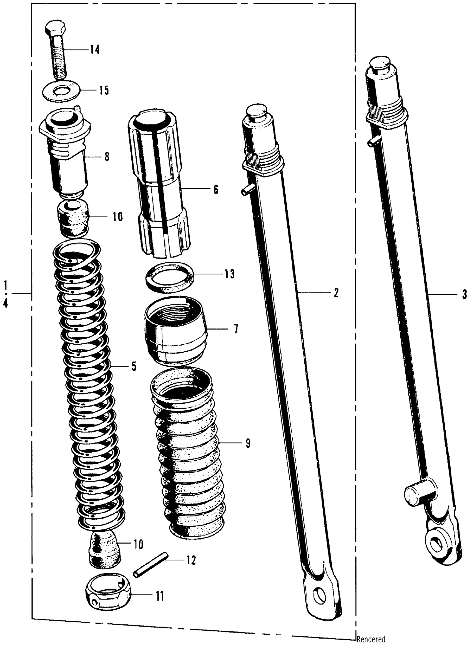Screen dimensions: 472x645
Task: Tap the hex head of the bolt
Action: [56, 29]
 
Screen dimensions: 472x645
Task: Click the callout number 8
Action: [107, 157]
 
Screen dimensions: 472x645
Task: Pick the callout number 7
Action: [236, 329]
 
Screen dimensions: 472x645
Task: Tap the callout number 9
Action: [248, 443]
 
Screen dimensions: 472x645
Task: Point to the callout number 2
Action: [336, 293]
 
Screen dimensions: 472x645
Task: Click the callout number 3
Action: [465, 294]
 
